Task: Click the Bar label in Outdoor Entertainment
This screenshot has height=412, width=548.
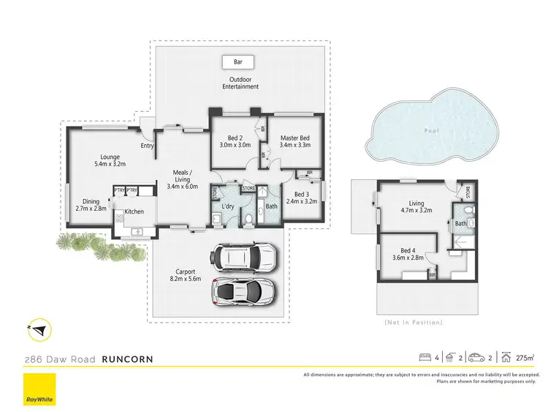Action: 238,61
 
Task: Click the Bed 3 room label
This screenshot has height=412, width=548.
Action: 302,197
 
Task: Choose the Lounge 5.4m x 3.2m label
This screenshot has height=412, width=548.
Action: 110,160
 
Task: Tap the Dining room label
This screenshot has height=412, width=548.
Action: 91,205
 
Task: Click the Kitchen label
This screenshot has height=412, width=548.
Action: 134,211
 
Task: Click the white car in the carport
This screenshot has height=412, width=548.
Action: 244,258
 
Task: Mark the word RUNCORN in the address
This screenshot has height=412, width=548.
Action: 127,359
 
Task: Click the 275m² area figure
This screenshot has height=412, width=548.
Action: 523,357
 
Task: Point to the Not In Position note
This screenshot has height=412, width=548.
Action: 413,322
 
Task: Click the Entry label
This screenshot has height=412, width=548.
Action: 148,146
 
